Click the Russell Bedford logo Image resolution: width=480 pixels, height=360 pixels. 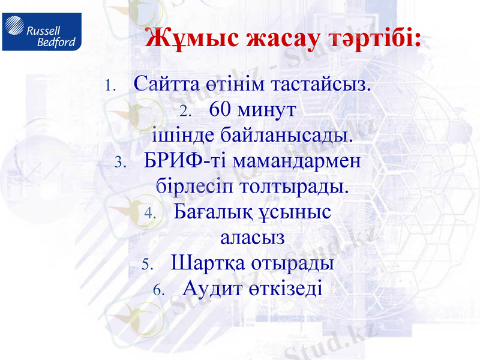point(41,31)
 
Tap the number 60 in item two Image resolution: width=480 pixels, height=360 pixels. point(221,110)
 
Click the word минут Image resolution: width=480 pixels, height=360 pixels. point(266,110)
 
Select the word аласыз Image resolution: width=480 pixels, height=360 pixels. point(252,238)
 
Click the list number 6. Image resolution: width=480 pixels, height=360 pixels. point(158,291)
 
